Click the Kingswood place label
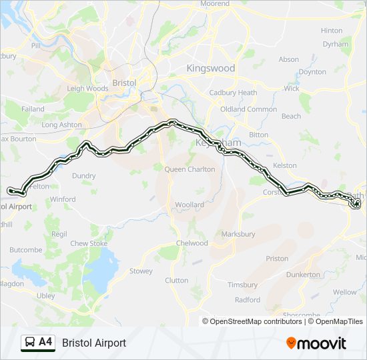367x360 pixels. pyautogui.click(x=210, y=68)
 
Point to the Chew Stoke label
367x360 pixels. pyautogui.click(x=89, y=244)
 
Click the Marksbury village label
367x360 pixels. pyautogui.click(x=238, y=235)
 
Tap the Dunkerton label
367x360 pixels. pyautogui.click(x=303, y=275)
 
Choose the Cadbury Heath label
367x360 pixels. pyautogui.click(x=233, y=93)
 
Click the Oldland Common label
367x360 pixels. pyautogui.click(x=249, y=109)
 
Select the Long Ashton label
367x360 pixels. pyautogui.click(x=61, y=125)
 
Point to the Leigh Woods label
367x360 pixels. pyautogui.click(x=87, y=88)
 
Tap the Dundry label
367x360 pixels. pyautogui.click(x=84, y=176)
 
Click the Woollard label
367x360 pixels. pyautogui.click(x=190, y=205)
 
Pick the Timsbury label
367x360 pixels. pyautogui.click(x=242, y=285)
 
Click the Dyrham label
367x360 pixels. pyautogui.click(x=335, y=45)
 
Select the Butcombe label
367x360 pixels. pyautogui.click(x=26, y=250)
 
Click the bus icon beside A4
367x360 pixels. pyautogui.click(x=30, y=343)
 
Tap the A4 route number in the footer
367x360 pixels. pyautogui.click(x=45, y=343)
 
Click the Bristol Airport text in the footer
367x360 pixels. pyautogui.click(x=94, y=343)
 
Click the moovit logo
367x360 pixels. pyautogui.click(x=316, y=343)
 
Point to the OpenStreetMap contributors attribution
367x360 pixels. pyautogui.click(x=255, y=321)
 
